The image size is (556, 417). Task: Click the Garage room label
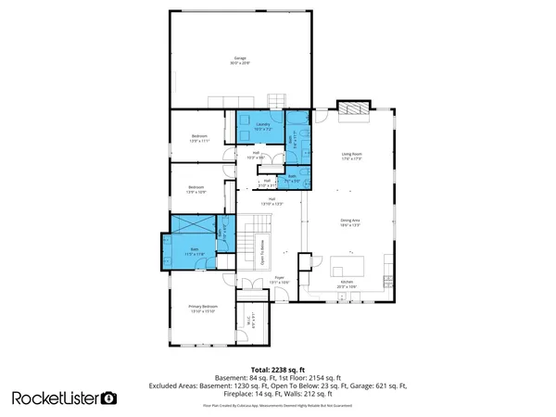tap(241, 61)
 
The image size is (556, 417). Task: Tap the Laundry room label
tap(259, 127)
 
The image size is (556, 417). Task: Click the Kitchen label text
tap(347, 284)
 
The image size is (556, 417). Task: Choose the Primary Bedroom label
tap(203, 309)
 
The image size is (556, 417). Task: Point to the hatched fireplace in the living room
tap(352, 111)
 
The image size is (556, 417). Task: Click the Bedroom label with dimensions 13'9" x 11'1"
tap(200, 138)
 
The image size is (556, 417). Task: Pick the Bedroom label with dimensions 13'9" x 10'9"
tap(196, 190)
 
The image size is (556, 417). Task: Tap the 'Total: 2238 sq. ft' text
tap(278, 368)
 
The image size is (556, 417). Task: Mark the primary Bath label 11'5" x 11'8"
tap(196, 251)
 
